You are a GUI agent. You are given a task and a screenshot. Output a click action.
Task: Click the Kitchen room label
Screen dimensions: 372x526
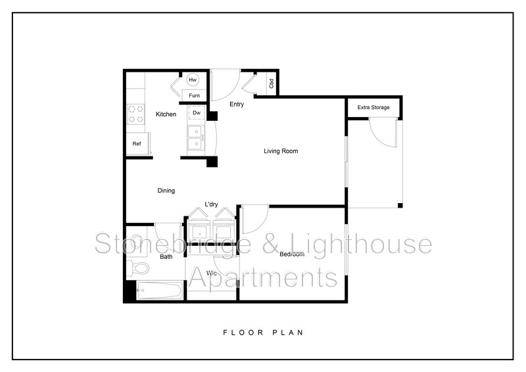click(166, 114)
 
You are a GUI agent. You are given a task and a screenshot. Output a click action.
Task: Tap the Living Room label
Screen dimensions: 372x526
click(281, 151)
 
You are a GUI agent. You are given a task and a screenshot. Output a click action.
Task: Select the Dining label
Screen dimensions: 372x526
click(166, 191)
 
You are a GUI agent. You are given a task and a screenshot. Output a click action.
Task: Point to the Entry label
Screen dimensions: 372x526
click(237, 105)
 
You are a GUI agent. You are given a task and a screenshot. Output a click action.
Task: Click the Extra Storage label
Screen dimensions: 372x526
click(373, 107)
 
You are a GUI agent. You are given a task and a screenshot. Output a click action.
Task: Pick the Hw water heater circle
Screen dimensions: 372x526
click(193, 80)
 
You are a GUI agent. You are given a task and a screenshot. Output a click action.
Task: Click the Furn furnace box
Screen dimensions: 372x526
click(194, 96)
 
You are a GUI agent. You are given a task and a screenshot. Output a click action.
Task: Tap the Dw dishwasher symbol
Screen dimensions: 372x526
click(196, 113)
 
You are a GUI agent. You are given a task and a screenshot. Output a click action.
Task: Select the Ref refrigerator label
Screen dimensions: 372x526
click(137, 143)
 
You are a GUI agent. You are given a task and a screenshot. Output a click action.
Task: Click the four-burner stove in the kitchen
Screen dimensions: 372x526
click(136, 114)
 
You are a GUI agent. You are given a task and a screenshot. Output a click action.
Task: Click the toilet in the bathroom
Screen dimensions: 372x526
click(138, 267)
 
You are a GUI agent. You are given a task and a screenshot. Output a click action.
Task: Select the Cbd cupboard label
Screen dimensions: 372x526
click(271, 84)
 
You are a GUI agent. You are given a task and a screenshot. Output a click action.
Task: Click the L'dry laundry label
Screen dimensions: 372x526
click(211, 204)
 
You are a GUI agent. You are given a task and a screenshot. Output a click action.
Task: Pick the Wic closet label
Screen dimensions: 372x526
click(212, 272)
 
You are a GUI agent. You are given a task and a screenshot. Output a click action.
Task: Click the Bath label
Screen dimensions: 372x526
click(166, 256)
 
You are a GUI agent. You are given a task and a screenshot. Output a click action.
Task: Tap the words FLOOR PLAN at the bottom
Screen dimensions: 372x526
click(262, 333)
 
